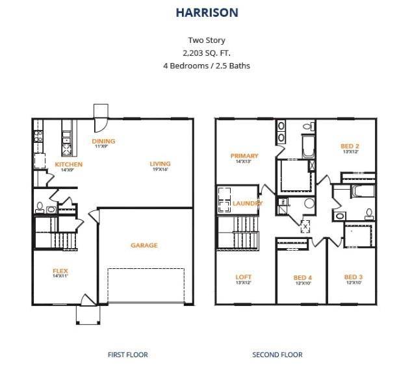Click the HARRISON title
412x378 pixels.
206,12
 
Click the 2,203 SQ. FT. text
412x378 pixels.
206,53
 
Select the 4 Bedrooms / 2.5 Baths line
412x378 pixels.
206,66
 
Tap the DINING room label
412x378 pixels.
103,141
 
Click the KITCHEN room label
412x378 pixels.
68,164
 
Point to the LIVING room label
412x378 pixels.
160,164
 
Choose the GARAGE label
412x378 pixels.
144,246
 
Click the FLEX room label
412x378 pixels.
60,271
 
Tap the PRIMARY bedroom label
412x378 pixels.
244,156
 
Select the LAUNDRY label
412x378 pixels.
248,203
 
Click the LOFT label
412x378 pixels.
243,277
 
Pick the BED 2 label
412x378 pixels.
350,146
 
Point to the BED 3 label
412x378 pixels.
354,277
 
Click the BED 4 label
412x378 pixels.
303,278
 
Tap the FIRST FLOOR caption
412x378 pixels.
127,355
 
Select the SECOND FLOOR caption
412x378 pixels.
277,355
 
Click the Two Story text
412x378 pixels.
206,40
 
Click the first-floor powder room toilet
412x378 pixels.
40,208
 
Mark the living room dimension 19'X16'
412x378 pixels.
160,170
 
